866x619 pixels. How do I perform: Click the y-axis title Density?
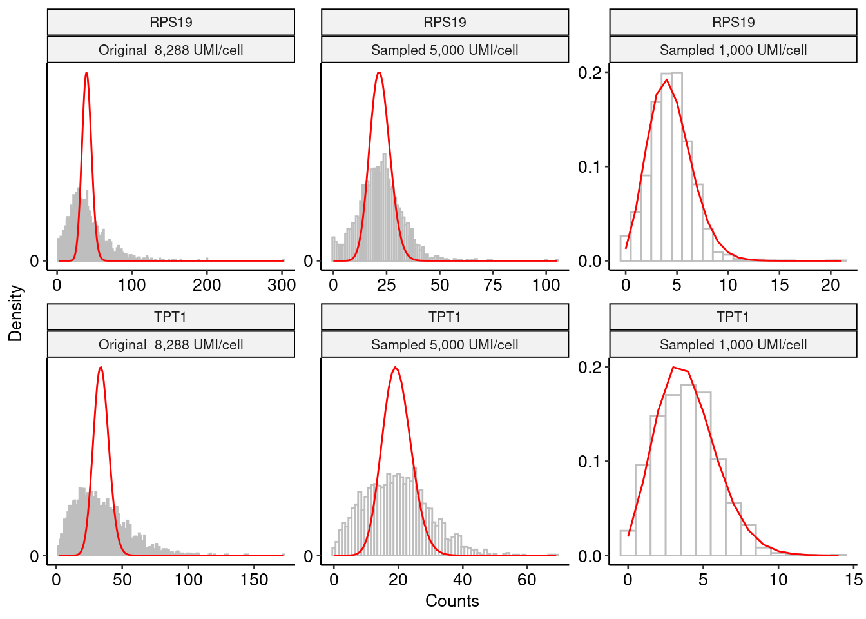[15, 313]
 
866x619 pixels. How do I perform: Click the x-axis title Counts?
[452, 601]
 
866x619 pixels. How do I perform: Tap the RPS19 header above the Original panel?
[171, 22]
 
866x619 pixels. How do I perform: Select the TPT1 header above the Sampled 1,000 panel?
[733, 317]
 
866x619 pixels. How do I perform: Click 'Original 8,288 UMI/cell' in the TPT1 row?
[171, 344]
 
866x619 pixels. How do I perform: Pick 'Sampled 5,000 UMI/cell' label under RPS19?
[445, 50]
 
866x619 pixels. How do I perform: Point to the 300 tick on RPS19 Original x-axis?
[282, 284]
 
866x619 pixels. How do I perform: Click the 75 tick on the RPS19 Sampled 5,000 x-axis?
[493, 284]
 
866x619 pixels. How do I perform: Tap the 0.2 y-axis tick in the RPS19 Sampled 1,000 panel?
[590, 73]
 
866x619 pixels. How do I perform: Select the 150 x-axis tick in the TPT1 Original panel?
[254, 579]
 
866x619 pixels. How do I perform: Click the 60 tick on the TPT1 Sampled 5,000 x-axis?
[526, 579]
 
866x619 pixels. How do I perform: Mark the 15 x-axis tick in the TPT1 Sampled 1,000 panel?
[853, 579]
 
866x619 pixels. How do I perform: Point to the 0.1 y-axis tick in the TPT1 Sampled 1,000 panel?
[590, 462]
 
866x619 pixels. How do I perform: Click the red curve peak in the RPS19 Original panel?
[86, 73]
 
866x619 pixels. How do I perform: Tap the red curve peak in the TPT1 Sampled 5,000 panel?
[395, 368]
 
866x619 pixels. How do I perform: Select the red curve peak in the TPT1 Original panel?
[101, 367]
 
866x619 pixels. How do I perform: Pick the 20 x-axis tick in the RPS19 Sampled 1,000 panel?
[831, 284]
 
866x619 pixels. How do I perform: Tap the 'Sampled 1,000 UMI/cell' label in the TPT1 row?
[733, 344]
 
